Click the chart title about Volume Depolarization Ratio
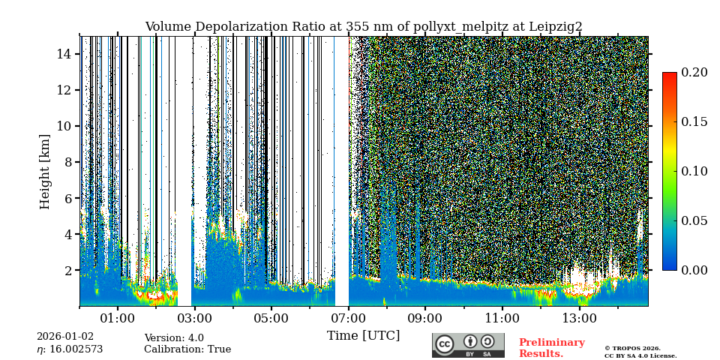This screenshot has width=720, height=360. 363,27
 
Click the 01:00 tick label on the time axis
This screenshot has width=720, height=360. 117,319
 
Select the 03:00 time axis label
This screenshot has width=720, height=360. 194,319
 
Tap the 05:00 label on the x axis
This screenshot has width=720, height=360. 271,319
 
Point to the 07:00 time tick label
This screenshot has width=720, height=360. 348,319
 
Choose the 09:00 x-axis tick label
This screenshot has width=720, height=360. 425,319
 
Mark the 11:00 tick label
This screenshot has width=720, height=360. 502,319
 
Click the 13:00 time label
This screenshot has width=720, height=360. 579,319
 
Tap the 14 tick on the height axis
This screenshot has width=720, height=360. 64,54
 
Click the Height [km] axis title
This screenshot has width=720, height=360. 45,171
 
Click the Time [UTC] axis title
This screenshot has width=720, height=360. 363,336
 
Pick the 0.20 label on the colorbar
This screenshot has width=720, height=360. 694,73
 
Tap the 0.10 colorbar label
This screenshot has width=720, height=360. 694,171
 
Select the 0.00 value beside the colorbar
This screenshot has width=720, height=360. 694,270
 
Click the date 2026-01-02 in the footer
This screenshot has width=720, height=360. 65,337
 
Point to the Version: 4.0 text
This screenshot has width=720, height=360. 174,338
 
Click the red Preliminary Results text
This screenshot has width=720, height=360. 551,348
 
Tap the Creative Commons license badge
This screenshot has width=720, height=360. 468,345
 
